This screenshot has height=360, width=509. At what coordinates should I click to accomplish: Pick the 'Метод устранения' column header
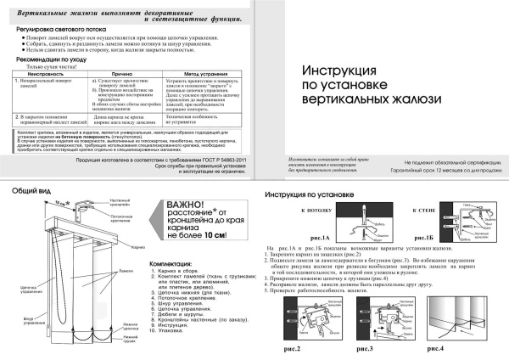pyautogui.click(x=204, y=75)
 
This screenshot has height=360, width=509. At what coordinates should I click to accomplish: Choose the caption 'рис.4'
pyautogui.click(x=436, y=348)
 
